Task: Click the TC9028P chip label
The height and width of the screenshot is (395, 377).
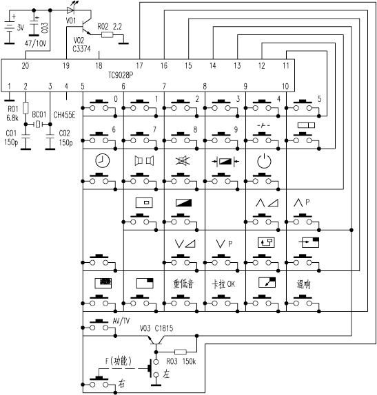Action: [121, 75]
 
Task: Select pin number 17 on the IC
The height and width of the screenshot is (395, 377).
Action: [139, 66]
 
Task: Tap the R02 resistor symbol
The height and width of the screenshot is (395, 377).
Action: [108, 35]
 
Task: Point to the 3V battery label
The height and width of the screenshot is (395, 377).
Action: [21, 28]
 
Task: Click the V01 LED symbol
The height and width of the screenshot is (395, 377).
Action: [70, 10]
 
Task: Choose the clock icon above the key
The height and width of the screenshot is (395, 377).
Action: [103, 161]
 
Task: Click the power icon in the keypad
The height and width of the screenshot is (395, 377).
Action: [264, 161]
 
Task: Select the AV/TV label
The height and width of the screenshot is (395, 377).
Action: [121, 321]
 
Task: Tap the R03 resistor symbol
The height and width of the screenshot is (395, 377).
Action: [181, 352]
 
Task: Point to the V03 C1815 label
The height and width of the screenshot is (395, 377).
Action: [156, 328]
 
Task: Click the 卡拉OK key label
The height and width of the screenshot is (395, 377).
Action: [223, 284]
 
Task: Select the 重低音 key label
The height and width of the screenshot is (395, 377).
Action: [183, 284]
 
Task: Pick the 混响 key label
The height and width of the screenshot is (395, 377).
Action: [303, 284]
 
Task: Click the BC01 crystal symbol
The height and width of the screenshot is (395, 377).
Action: [38, 124]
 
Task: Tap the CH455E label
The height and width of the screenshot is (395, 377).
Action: [64, 115]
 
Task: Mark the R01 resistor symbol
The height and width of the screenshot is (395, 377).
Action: [26, 108]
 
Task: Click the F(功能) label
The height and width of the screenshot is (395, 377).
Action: [119, 361]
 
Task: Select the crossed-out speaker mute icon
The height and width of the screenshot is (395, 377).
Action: [183, 161]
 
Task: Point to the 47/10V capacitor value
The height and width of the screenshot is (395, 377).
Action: [36, 43]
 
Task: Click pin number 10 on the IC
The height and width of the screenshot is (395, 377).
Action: [285, 87]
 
